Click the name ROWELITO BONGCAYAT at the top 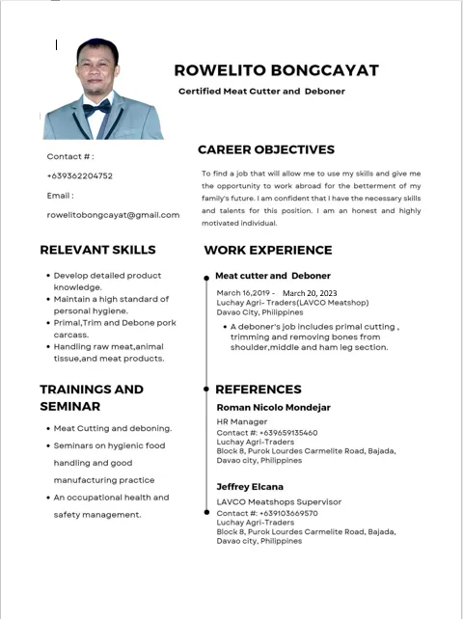coord(276,70)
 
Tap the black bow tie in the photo coord(96,108)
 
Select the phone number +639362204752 coord(79,175)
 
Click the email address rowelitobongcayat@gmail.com coord(113,214)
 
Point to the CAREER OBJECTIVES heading coord(266,149)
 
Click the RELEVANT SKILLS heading coord(97,250)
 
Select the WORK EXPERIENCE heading coord(268,250)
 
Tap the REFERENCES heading coord(258,390)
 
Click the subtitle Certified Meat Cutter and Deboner coord(261,92)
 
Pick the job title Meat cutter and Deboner coord(273,276)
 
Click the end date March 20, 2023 coord(310,293)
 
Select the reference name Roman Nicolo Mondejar coord(273,408)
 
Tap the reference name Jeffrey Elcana coord(250,487)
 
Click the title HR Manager coord(242,422)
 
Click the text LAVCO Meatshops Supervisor coord(279,502)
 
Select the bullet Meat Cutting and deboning coord(113,428)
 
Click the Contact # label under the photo coord(70,156)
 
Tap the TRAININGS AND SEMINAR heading coord(92,398)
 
